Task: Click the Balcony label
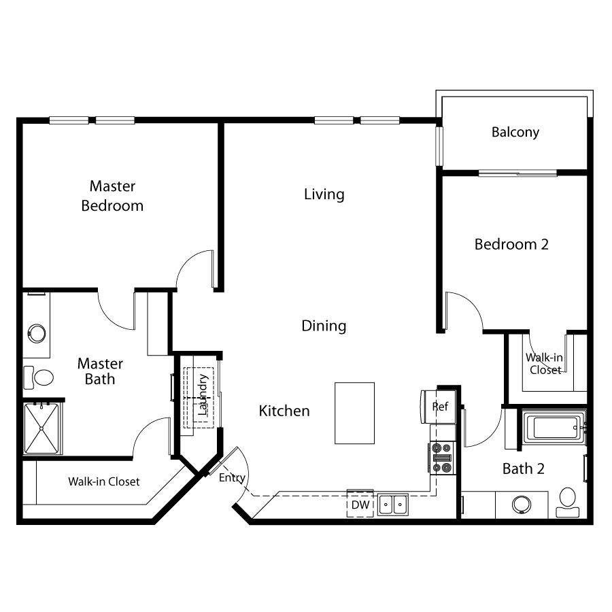tap(515, 133)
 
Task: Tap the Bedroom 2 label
tap(511, 244)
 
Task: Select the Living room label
tap(324, 194)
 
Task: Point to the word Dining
tap(324, 326)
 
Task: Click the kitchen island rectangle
tap(354, 413)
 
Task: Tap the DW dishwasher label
tap(360, 505)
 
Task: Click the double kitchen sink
tap(392, 505)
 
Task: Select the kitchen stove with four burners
tap(443, 458)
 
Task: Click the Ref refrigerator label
tap(440, 407)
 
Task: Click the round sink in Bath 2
tap(521, 505)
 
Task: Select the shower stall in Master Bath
tap(41, 428)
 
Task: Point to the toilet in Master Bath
tap(39, 377)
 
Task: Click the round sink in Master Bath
tap(37, 334)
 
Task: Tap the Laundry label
tap(203, 394)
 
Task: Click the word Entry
tap(233, 478)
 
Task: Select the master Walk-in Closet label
tap(104, 481)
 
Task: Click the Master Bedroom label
tap(112, 196)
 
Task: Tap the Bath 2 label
tap(524, 469)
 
